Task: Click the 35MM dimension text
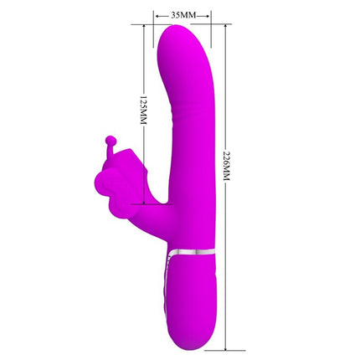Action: (x=183, y=15)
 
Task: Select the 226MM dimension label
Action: (x=224, y=177)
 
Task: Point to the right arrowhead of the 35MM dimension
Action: (x=208, y=15)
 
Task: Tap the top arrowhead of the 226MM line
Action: (x=224, y=27)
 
